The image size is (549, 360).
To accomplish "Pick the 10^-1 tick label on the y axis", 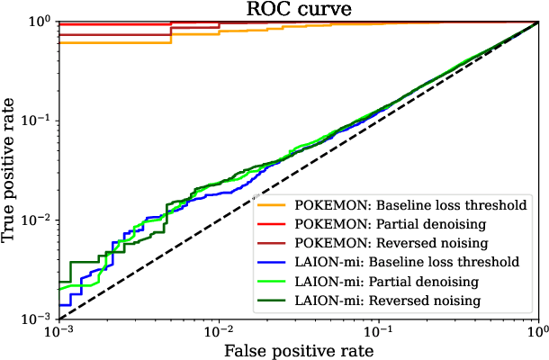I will (x=40, y=121).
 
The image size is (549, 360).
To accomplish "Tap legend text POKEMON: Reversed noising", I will (x=391, y=243).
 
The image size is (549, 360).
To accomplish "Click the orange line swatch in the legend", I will (x=271, y=205).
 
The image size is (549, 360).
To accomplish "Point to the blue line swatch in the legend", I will (x=271, y=262).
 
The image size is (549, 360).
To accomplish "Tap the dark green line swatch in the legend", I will (x=271, y=300).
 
